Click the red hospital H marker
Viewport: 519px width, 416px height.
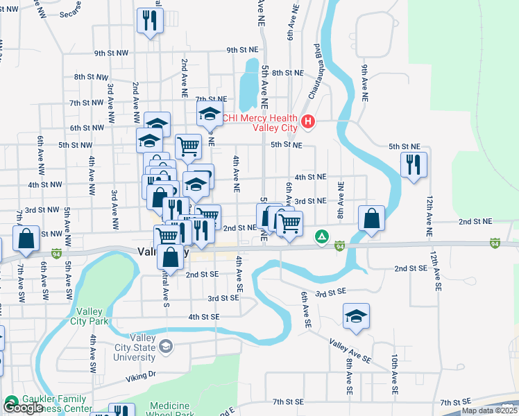(309, 123)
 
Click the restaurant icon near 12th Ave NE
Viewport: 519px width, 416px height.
(414, 165)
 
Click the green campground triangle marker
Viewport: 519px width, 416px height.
(322, 237)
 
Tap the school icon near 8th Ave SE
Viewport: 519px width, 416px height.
(356, 316)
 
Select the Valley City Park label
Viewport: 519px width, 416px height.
(90, 316)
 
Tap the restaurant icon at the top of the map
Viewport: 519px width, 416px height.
(150, 21)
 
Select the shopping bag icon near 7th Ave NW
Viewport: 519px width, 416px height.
(26, 239)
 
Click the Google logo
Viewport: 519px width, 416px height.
(23, 408)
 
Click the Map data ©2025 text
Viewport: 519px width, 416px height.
(489, 410)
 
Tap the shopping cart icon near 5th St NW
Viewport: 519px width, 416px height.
(188, 146)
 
